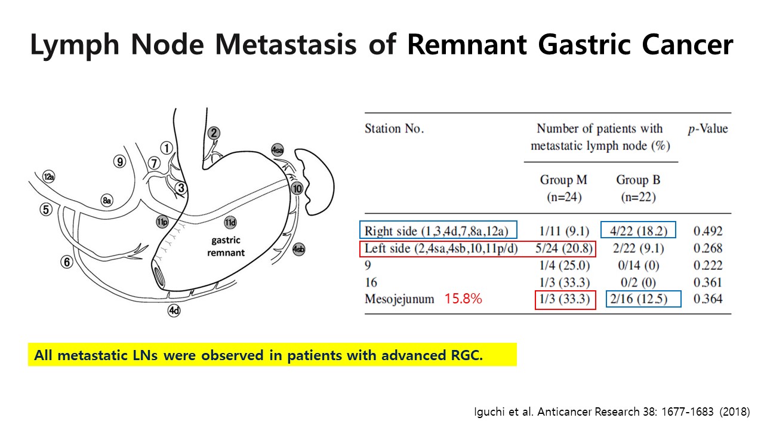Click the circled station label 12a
(x=49, y=177)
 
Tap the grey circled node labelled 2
(x=214, y=133)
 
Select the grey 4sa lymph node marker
(x=278, y=150)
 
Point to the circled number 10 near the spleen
(x=297, y=188)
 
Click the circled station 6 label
(x=67, y=262)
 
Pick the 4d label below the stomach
(x=174, y=311)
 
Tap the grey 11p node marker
(x=162, y=222)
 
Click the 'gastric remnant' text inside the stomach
(x=226, y=247)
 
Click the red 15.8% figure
(x=463, y=299)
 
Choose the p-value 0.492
(x=708, y=231)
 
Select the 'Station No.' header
(x=395, y=128)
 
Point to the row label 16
(x=371, y=282)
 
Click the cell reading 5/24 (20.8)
(x=564, y=248)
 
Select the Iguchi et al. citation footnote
(x=612, y=411)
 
